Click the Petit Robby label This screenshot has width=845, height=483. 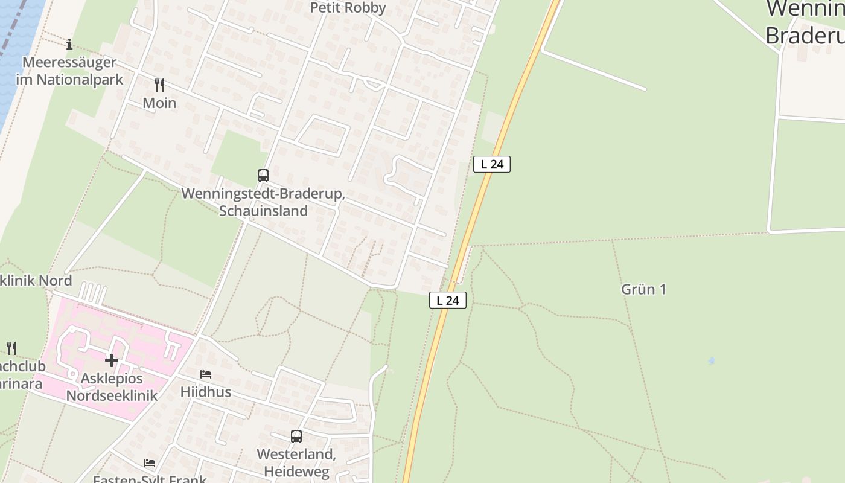[348, 8]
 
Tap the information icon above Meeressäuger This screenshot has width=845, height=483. [69, 44]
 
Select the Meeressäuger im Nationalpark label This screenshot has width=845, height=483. [69, 71]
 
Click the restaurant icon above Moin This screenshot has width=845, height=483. [159, 85]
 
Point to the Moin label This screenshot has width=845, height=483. [159, 103]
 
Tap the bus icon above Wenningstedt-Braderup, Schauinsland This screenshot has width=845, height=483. [263, 176]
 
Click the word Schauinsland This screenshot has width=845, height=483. [263, 211]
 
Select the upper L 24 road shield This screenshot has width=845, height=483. [492, 164]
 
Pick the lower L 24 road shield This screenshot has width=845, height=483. [448, 300]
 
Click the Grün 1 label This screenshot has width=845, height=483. [643, 289]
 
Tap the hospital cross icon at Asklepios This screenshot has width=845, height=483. [112, 360]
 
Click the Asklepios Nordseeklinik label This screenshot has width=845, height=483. [112, 387]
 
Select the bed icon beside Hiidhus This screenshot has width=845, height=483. [206, 374]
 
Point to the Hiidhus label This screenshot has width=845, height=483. [206, 392]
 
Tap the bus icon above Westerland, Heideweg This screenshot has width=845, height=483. [296, 437]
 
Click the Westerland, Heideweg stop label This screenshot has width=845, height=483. [296, 462]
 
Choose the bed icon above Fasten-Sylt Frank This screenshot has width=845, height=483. [150, 463]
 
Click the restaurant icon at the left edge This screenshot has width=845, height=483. [11, 348]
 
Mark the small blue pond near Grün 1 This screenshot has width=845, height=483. [712, 361]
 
